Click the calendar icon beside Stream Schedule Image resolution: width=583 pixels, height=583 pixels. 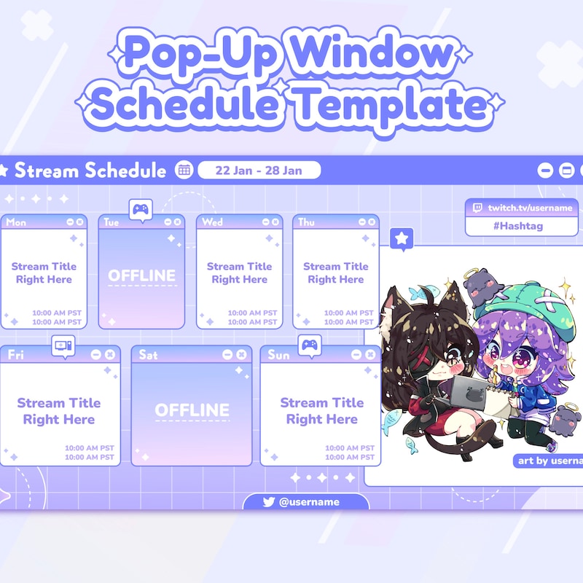pos(184,171)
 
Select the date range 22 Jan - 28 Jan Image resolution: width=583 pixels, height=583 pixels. pos(259,171)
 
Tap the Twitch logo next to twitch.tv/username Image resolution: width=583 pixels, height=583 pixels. pos(478,208)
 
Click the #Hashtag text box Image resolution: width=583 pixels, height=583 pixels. pos(522,226)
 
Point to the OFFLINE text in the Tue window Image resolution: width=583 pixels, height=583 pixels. pos(142,275)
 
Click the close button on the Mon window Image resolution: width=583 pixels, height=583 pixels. pos(79,222)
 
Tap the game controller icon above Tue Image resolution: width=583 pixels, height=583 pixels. pos(140,210)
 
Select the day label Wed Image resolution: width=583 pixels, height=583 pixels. pos(213,222)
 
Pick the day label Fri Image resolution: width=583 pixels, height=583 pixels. pos(15,355)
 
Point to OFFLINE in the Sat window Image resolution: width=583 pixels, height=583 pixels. pos(192,410)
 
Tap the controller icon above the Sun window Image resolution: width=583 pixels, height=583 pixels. pos(310,345)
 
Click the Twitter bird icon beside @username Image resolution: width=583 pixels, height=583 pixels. pos(268,502)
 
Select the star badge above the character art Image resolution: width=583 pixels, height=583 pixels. pos(402,238)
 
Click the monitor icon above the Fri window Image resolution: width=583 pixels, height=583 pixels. pos(63,345)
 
